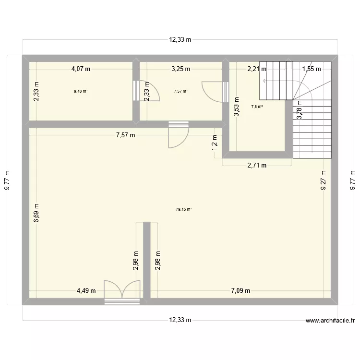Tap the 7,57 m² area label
pyautogui.click(x=180, y=91)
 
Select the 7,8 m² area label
pyautogui.click(x=257, y=107)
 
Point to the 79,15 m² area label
pyautogui.click(x=184, y=209)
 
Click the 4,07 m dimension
pyautogui.click(x=81, y=69)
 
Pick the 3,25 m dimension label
pyautogui.click(x=180, y=69)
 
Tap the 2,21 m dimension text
pyautogui.click(x=257, y=69)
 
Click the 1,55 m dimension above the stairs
pyautogui.click(x=311, y=69)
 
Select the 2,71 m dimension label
pyautogui.click(x=257, y=166)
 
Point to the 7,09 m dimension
pyautogui.click(x=240, y=290)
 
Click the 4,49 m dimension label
pyautogui.click(x=86, y=290)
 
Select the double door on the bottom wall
pyautogui.click(x=122, y=292)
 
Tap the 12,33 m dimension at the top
pyautogui.click(x=180, y=40)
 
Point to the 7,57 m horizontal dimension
pyautogui.click(x=125, y=135)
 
